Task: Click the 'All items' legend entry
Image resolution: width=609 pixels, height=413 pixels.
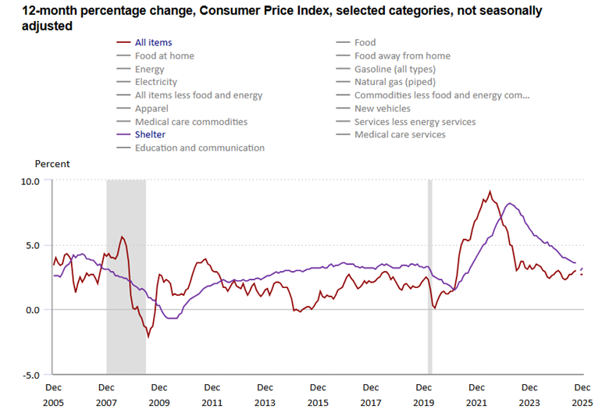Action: (x=153, y=42)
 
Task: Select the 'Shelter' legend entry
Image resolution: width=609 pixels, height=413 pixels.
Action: (x=150, y=134)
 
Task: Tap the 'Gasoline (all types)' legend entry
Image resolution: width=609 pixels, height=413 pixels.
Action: (x=394, y=69)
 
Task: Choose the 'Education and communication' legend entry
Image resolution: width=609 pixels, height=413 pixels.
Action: (x=199, y=148)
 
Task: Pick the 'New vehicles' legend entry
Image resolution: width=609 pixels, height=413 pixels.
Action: (x=382, y=109)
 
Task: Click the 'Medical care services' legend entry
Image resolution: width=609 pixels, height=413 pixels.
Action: (x=400, y=134)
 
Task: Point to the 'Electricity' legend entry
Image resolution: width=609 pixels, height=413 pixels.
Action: (x=155, y=82)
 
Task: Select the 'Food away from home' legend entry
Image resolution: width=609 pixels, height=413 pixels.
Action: (x=402, y=55)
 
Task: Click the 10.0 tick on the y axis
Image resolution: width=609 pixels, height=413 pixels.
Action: (x=30, y=180)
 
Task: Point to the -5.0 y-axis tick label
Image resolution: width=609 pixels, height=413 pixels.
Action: (x=31, y=375)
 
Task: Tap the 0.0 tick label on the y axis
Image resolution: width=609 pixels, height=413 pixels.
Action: (x=33, y=310)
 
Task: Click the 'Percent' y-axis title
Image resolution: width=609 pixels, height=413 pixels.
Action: (x=52, y=164)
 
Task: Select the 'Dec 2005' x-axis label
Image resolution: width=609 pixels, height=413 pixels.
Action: (x=53, y=394)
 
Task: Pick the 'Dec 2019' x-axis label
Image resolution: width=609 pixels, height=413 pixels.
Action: (x=424, y=394)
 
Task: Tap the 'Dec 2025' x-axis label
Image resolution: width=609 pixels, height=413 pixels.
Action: (x=582, y=394)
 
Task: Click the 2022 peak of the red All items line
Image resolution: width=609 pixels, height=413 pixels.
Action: (x=490, y=191)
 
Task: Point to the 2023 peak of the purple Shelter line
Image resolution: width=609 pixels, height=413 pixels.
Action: (x=510, y=204)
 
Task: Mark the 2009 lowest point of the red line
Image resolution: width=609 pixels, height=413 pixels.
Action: (x=148, y=337)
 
